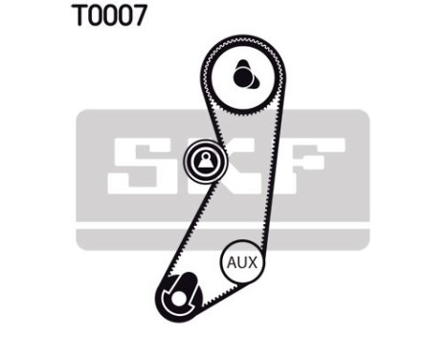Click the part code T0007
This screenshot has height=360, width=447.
(108, 17)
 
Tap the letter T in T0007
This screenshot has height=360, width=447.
(77, 17)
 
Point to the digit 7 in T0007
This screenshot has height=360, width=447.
(140, 17)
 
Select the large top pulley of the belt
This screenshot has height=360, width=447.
(243, 74)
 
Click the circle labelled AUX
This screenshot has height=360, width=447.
(243, 260)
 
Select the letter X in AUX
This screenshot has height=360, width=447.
(256, 261)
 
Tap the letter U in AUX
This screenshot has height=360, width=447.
(243, 261)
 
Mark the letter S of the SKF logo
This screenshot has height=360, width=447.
(139, 166)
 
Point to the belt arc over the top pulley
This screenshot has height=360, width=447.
(243, 37)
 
